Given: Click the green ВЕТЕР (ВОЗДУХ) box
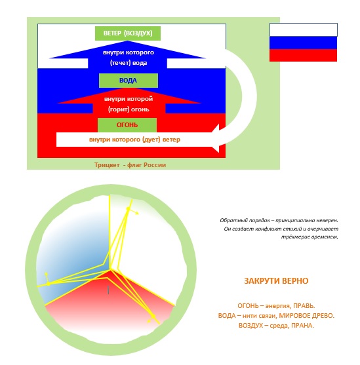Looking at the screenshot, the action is [128, 33].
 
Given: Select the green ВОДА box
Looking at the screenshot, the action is [129, 81].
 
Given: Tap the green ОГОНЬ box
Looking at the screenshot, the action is [127, 125].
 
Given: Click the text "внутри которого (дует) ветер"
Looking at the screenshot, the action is [134, 140].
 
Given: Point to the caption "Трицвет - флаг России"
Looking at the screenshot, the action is [130, 165].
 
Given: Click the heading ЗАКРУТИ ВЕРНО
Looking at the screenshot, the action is [276, 281].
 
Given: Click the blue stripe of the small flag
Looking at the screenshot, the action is [303, 43].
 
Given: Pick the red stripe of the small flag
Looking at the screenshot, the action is [303, 56].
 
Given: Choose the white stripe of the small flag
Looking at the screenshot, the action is [303, 30].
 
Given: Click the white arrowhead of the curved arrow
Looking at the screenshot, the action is [215, 138].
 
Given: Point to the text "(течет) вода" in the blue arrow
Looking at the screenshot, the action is [129, 63].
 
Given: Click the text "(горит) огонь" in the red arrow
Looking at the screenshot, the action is [129, 109].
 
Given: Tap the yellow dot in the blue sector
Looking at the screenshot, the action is [49, 284].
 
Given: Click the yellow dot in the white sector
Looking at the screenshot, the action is [128, 209].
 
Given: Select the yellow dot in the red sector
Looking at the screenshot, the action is [153, 317].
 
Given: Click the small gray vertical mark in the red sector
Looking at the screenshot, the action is [108, 290].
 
